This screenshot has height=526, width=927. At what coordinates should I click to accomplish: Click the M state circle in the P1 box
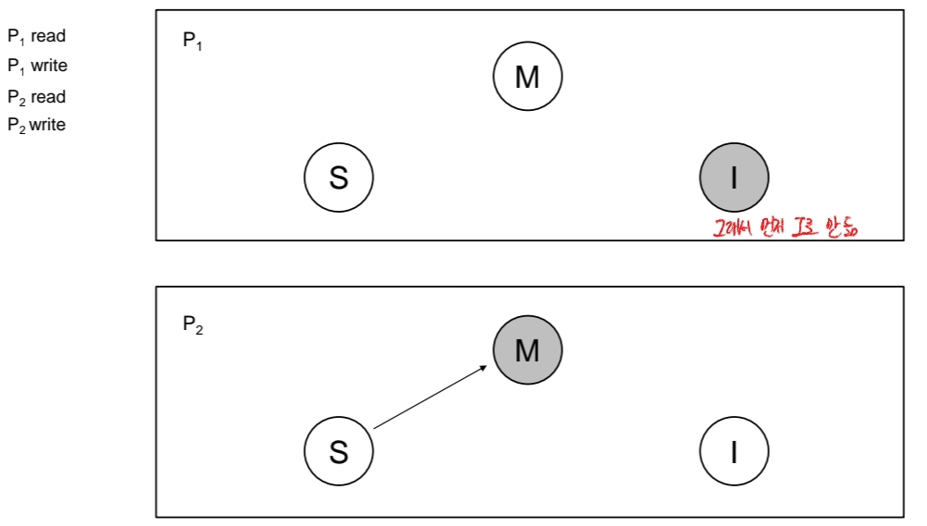tap(527, 77)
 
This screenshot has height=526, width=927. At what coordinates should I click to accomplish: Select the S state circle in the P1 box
tap(339, 177)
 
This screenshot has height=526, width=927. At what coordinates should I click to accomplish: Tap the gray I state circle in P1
tap(734, 177)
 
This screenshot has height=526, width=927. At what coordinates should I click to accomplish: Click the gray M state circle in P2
tap(527, 350)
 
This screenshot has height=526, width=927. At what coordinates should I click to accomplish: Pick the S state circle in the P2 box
tap(339, 451)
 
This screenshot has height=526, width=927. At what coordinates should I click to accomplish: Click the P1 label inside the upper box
tap(192, 43)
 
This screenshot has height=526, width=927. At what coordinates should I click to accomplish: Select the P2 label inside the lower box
tap(192, 324)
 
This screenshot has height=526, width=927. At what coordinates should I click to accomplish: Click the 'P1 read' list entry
tap(37, 37)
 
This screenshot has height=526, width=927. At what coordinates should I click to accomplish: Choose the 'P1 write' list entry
tap(38, 67)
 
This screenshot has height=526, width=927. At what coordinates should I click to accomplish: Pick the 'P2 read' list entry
tap(37, 96)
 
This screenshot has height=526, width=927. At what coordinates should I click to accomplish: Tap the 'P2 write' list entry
tap(38, 125)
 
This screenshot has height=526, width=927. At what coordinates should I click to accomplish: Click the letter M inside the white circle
tap(527, 77)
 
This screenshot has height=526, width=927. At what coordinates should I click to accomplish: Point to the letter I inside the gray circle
tap(734, 177)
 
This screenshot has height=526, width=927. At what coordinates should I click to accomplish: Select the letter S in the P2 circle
tap(339, 451)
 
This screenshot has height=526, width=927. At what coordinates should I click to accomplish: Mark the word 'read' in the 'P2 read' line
tap(49, 96)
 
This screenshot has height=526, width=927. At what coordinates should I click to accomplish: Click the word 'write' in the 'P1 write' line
tap(49, 67)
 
